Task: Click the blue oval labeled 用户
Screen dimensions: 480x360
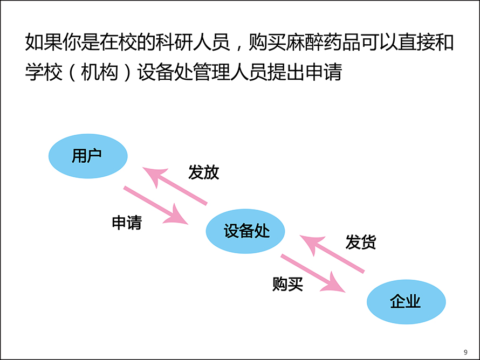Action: click(88, 156)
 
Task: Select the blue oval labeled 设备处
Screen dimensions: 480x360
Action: click(245, 231)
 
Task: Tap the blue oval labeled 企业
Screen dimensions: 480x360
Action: click(406, 302)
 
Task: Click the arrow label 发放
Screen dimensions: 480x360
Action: click(203, 172)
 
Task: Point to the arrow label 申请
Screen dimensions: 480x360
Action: click(127, 223)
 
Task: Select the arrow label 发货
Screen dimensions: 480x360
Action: click(361, 242)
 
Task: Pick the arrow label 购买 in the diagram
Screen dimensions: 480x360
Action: click(288, 284)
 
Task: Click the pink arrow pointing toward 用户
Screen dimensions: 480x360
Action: click(175, 185)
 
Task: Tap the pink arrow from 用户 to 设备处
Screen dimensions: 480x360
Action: click(156, 205)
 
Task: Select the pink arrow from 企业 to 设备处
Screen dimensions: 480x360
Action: click(332, 253)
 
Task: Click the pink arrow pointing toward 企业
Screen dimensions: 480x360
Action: click(313, 273)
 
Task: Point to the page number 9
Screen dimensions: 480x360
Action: click(465, 352)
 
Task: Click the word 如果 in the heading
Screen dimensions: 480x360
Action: click(44, 42)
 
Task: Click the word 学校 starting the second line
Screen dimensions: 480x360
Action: click(44, 72)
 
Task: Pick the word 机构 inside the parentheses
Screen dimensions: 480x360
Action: click(99, 72)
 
